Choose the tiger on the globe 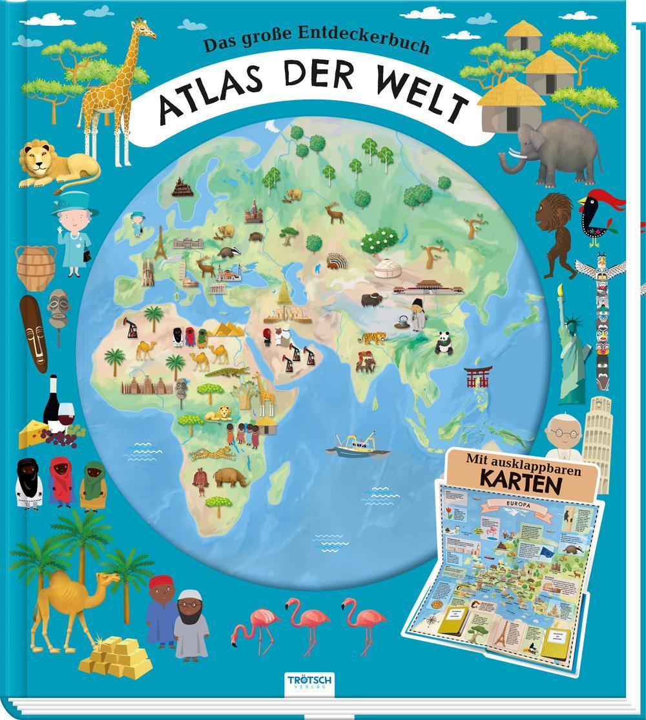(375, 336)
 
